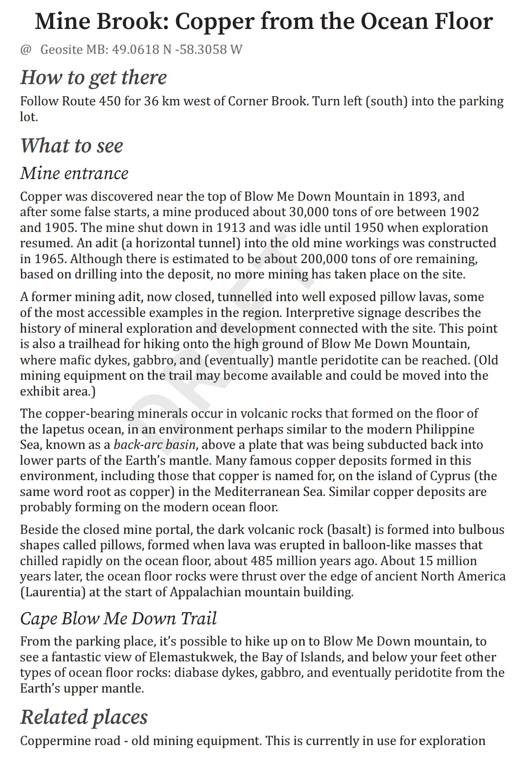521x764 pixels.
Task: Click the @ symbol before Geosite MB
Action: [x=25, y=49]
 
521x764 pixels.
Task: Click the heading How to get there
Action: [x=93, y=77]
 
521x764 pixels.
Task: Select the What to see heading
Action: [x=72, y=146]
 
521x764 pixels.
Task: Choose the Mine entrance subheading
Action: [x=74, y=173]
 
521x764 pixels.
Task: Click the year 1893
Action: [x=423, y=196]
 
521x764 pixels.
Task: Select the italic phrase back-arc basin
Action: [x=154, y=445]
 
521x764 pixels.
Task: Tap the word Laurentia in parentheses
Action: [x=53, y=592]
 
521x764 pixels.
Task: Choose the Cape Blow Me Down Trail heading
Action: [x=118, y=618]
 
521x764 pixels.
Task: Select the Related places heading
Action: [x=84, y=717]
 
